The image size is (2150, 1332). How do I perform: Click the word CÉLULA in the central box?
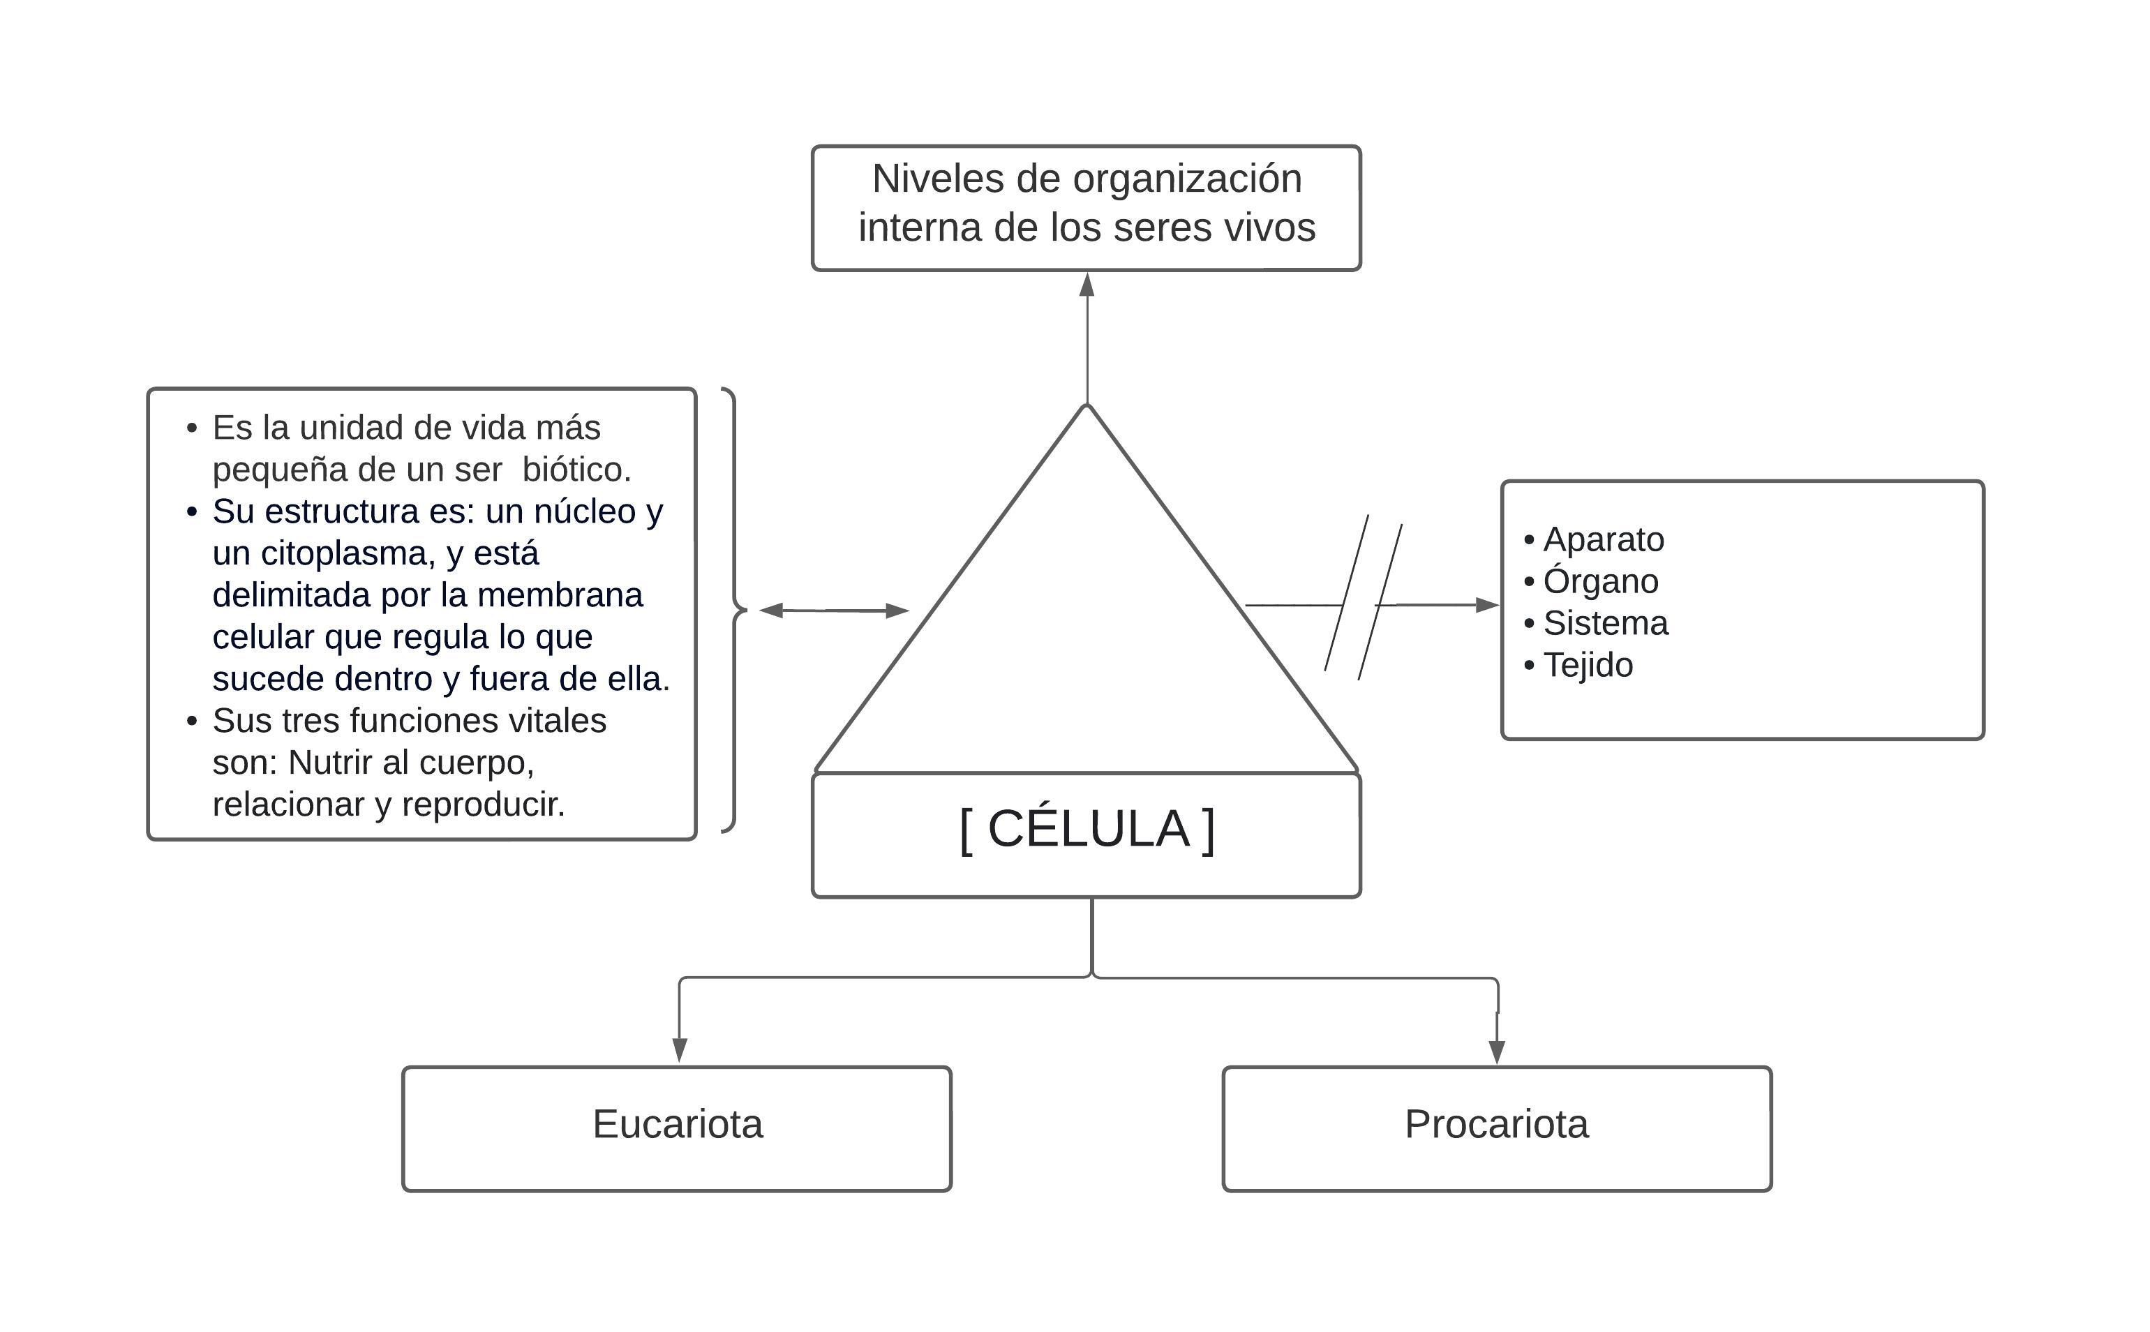[1088, 829]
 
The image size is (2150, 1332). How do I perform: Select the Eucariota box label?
[678, 1124]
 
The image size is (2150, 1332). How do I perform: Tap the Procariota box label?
[1495, 1124]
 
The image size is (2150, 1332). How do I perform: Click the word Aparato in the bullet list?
[1603, 539]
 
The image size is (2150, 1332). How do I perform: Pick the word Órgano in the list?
[1600, 581]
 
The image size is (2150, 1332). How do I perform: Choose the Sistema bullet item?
[1605, 624]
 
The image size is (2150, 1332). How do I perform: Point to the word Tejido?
[1587, 665]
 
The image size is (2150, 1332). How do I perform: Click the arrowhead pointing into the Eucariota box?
[679, 1049]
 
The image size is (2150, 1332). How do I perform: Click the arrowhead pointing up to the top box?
[1087, 285]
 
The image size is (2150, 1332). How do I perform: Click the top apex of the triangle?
[1087, 406]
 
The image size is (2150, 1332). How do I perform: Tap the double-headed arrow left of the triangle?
[833, 611]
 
